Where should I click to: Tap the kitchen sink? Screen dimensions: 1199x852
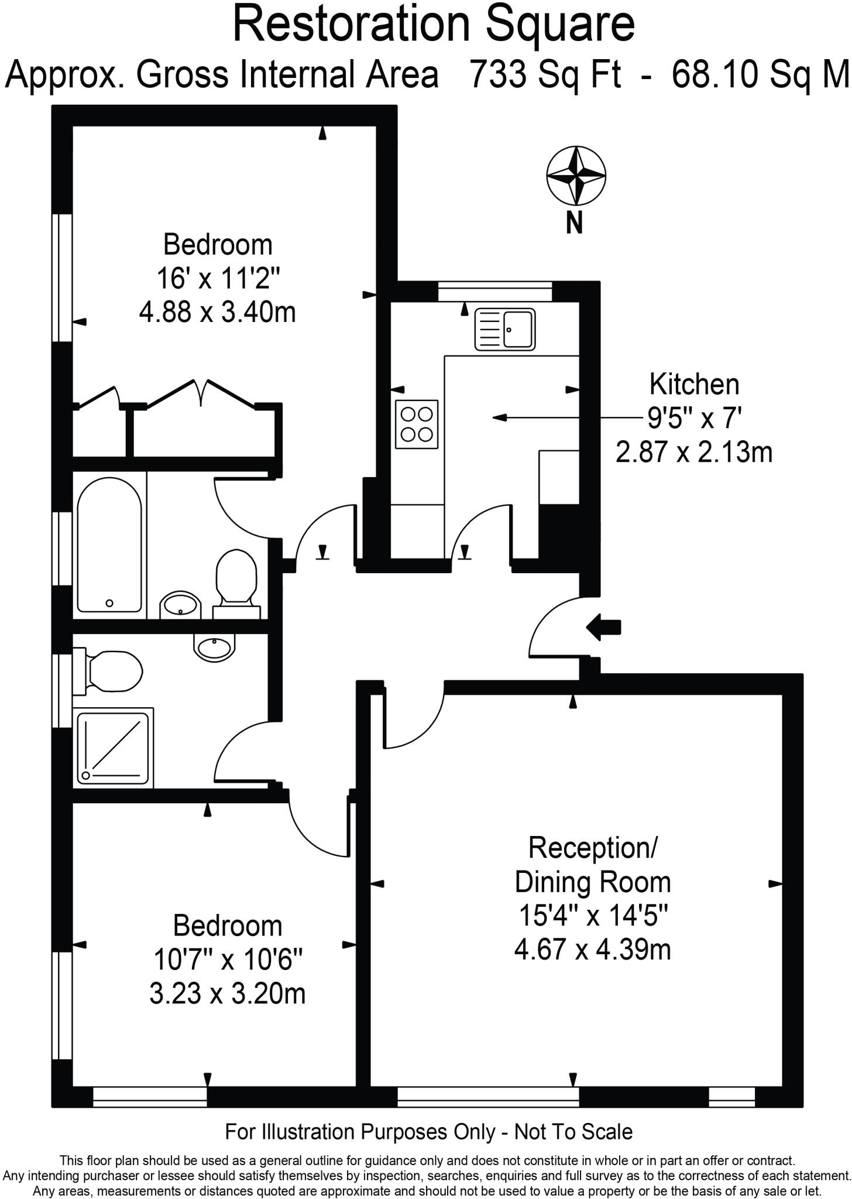coord(505,330)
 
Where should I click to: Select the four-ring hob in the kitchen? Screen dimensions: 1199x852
coord(417,424)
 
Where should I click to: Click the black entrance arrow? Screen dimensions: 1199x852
coord(603,628)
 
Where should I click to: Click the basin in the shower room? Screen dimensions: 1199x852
coord(214,647)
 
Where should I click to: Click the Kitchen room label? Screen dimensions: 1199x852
coord(694,385)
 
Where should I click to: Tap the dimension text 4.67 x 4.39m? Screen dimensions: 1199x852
coord(592,949)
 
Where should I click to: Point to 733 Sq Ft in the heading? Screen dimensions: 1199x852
coord(545,75)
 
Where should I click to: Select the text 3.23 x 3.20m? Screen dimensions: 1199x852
coord(227,994)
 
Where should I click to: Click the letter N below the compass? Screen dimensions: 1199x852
coord(575,222)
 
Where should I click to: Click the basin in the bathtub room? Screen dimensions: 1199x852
coord(180,605)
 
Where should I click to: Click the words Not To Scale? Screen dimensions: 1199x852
coord(573,1132)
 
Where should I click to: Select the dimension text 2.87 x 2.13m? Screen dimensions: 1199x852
coord(693,453)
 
